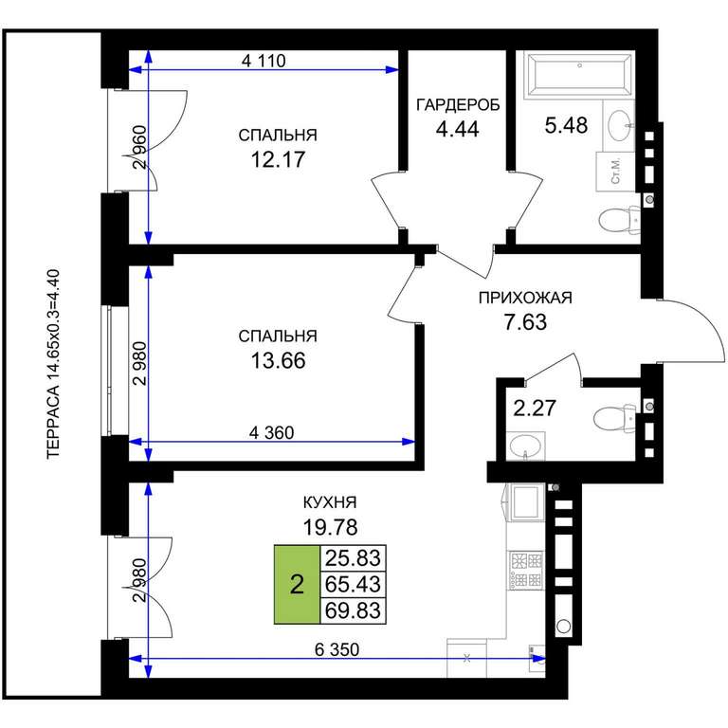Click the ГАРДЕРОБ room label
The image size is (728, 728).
tap(458, 105)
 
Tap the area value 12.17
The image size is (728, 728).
tap(278, 159)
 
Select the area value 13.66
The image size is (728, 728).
tap(278, 360)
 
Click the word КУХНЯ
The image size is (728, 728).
tap(330, 502)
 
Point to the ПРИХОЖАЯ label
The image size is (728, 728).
tap(525, 298)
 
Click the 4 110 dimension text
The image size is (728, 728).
tap(264, 61)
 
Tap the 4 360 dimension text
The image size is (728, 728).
tap(272, 432)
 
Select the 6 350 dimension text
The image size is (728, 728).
tap(337, 649)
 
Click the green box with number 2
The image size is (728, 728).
tap(297, 584)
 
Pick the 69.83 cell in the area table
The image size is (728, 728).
tap(354, 610)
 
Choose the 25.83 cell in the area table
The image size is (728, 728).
tap(354, 557)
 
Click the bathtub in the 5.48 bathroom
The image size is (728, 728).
tap(579, 75)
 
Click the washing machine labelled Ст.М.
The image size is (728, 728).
tap(615, 172)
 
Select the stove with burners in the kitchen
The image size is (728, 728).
tap(526, 570)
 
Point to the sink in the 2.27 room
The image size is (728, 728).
tap(525, 446)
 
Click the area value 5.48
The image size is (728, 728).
tap(566, 125)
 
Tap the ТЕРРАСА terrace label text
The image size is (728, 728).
tap(54, 364)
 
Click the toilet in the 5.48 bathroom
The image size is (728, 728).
tap(620, 220)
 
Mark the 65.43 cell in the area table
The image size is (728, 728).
tap(354, 584)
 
